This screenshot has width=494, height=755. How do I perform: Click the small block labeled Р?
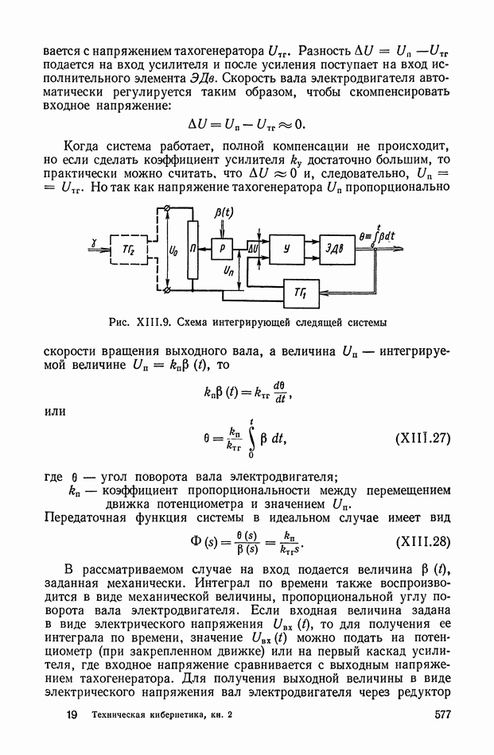[x=222, y=249]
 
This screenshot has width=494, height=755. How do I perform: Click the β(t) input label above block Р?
[x=225, y=214]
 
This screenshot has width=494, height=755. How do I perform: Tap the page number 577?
[x=444, y=715]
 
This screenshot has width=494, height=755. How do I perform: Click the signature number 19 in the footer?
[x=73, y=715]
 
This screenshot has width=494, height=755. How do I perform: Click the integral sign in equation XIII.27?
[x=251, y=438]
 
